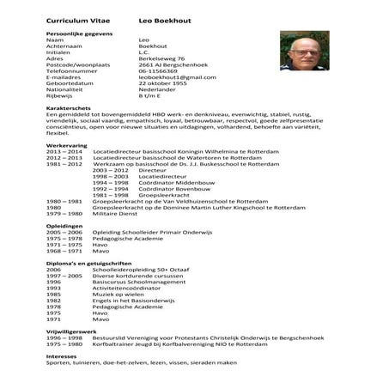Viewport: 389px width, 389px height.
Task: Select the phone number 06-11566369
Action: coord(158,71)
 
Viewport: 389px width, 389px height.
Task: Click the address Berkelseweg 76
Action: coord(160,58)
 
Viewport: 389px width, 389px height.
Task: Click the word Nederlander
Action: coord(158,90)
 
